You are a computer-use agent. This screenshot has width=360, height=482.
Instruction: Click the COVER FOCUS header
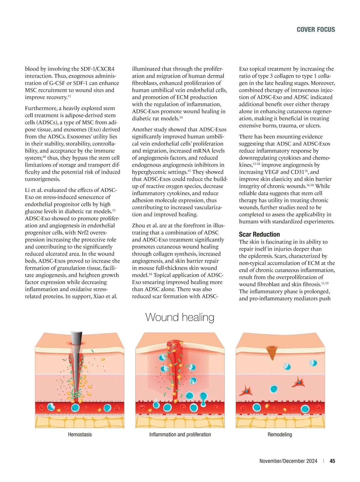click(x=316, y=29)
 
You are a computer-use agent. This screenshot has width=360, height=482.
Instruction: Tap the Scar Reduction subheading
click(x=259, y=234)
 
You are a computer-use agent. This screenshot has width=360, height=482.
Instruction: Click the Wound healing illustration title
click(x=180, y=317)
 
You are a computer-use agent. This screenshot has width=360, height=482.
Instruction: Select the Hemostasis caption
click(x=80, y=434)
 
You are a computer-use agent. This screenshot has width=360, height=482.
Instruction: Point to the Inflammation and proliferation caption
click(x=180, y=434)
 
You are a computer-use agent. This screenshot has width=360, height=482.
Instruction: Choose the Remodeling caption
click(x=280, y=434)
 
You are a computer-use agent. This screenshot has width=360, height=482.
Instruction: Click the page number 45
click(x=332, y=461)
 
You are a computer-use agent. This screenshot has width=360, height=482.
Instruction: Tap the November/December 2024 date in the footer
click(x=288, y=461)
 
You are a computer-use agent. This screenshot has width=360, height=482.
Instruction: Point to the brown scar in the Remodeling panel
click(x=272, y=352)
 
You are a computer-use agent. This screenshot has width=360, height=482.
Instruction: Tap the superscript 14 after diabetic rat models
click(x=181, y=117)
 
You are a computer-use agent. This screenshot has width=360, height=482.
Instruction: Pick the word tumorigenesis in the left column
click(x=43, y=179)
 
